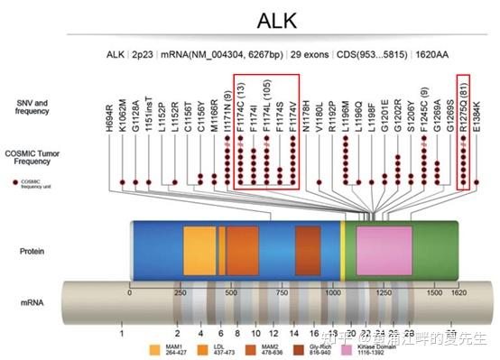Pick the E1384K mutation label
coord(477,115)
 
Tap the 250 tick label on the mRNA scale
coord(180,292)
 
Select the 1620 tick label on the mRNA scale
coord(459,292)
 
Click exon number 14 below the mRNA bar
coord(294,333)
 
